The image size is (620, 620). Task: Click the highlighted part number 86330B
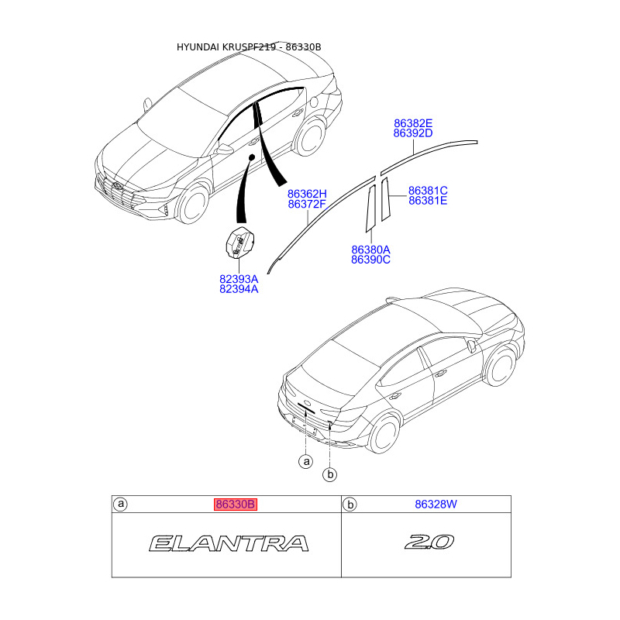coord(235,505)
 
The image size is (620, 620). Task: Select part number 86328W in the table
coord(436,505)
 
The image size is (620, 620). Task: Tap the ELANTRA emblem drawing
coord(228,543)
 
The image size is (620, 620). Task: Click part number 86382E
coord(412,123)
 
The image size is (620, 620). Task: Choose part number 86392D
coord(412,133)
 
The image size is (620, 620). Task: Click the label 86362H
coord(307,194)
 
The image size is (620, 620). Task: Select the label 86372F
coord(307,204)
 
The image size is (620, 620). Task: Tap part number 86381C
coord(428,191)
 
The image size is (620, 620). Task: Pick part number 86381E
coord(428,201)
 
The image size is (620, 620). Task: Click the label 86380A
coord(370,250)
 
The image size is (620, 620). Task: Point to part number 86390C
coord(370,260)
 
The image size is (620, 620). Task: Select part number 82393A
coord(239,279)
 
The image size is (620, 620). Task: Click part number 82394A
coord(239,289)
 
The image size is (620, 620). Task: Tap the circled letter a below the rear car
coord(306,462)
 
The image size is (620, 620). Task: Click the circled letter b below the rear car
coord(330,474)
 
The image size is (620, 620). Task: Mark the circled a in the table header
coord(121,505)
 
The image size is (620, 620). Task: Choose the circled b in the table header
coord(350,505)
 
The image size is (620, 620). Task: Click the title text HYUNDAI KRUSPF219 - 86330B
coord(249,47)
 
